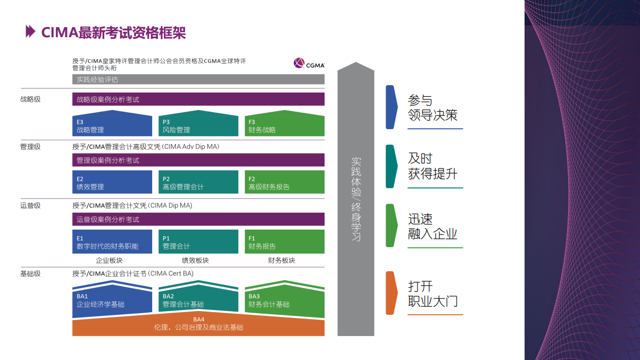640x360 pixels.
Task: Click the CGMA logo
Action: [x=309, y=63]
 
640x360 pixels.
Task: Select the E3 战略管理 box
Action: [x=112, y=123]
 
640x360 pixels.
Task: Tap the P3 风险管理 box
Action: [x=198, y=123]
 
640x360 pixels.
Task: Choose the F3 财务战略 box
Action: [x=285, y=123]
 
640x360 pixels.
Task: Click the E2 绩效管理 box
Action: [x=112, y=182]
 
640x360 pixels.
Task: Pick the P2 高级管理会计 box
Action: [x=198, y=182]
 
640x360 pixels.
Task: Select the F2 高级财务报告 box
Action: [x=285, y=182]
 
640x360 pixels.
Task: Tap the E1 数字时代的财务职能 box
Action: [x=112, y=241]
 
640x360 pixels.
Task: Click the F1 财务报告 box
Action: [x=285, y=241]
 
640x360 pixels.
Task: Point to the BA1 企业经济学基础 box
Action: [x=112, y=300]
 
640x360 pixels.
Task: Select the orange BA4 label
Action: [x=198, y=320]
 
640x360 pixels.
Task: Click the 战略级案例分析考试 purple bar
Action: [x=198, y=99]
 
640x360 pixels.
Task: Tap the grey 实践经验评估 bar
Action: [x=198, y=79]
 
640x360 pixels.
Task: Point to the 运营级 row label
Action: [x=30, y=206]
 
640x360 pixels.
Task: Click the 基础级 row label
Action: [x=30, y=274]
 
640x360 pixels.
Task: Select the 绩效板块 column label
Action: [x=195, y=261]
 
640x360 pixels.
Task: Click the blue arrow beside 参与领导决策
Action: [x=392, y=107]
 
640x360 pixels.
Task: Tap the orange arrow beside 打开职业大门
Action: [x=392, y=293]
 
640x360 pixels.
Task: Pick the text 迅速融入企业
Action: [x=433, y=227]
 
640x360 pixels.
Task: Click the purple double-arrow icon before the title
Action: [x=30, y=31]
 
